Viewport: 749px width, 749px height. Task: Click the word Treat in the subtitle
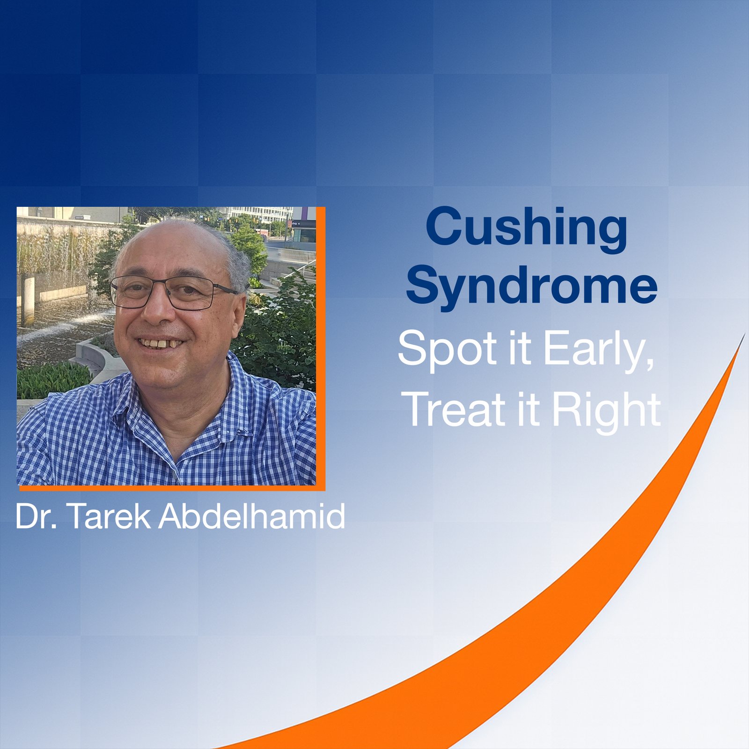pos(456,410)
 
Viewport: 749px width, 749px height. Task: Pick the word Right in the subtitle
pos(606,410)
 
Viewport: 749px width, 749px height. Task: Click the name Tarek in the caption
pos(110,516)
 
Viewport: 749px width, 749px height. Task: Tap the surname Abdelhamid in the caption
pos(252,516)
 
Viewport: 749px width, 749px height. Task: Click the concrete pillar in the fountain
pos(28,300)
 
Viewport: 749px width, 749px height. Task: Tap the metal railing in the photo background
pos(295,255)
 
